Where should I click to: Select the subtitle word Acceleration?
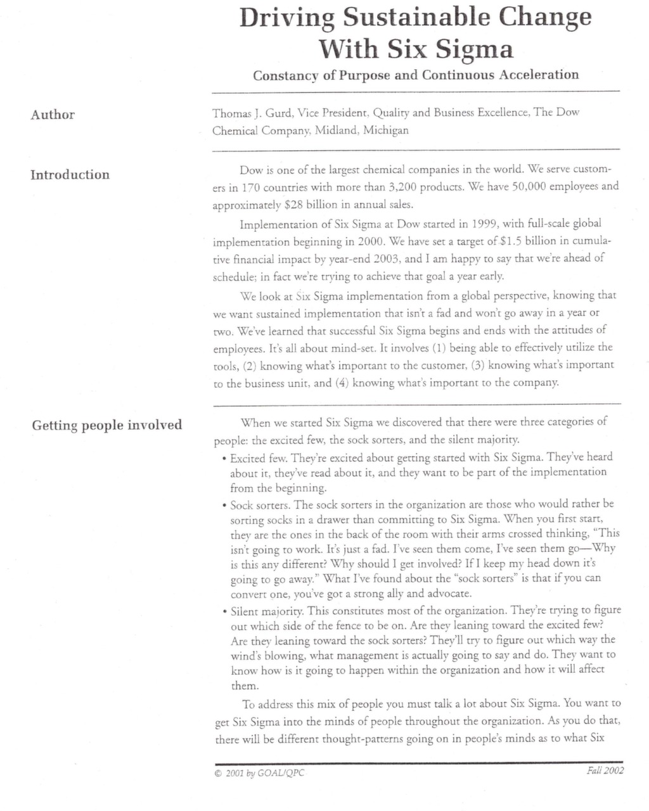point(538,75)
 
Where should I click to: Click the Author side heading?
point(53,115)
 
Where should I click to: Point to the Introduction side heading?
point(70,175)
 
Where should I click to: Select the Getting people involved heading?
point(107,425)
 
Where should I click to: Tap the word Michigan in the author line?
point(386,131)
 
